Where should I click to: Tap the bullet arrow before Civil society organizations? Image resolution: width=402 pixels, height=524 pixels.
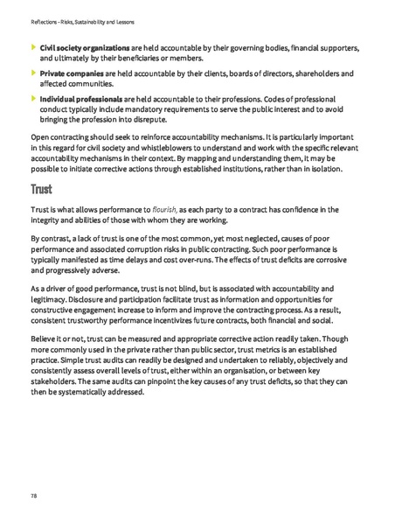click(x=33, y=43)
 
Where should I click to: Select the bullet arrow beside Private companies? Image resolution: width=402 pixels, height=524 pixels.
click(x=33, y=74)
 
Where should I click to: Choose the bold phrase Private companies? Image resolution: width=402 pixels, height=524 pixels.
click(x=73, y=74)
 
